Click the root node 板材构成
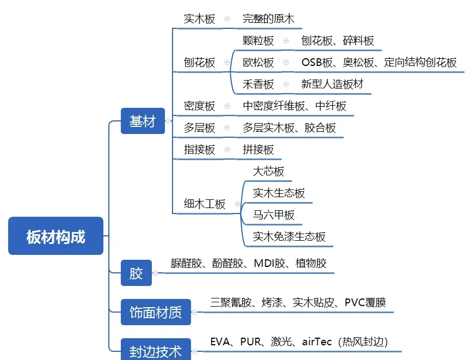(x=56, y=236)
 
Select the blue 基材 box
(x=143, y=121)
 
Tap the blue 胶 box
(x=136, y=272)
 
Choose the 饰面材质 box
(x=156, y=313)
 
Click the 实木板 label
(x=200, y=19)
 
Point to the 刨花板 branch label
(x=200, y=62)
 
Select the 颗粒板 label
(x=258, y=40)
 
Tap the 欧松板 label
(x=258, y=62)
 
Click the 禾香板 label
(x=258, y=84)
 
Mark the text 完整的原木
(x=268, y=19)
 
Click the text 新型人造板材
(x=332, y=84)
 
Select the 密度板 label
(x=200, y=106)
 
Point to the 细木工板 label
(x=205, y=204)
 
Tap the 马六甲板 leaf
(x=274, y=215)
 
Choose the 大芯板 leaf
(x=268, y=172)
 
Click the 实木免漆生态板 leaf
(x=289, y=236)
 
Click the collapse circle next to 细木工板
(x=237, y=205)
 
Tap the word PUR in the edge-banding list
(x=251, y=341)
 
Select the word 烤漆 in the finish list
(x=272, y=302)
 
